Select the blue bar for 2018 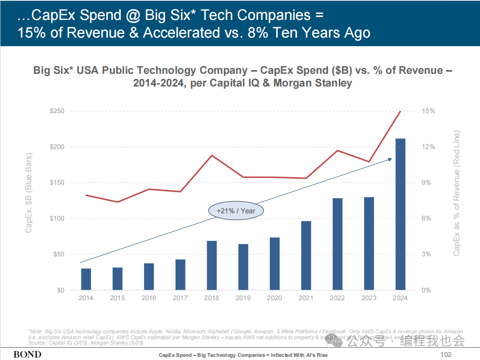pos(212,265)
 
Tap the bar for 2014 pos(86,279)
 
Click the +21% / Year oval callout pos(236,211)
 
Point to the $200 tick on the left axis pos(57,147)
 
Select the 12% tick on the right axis pos(428,147)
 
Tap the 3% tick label pos(426,254)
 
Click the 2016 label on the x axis pos(149,298)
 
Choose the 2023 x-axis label pos(369,298)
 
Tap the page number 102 pos(446,355)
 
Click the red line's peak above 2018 pos(212,155)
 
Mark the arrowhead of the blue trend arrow pos(390,159)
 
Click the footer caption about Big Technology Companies pos(243,355)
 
